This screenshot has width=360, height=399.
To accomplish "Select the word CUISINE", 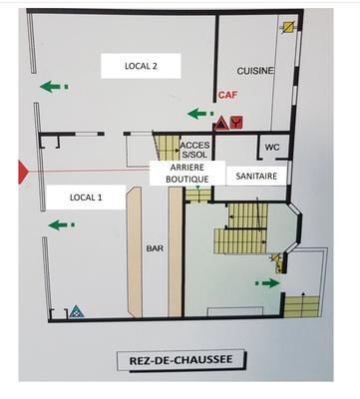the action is coord(256,71).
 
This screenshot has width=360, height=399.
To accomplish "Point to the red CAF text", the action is coord(228,97).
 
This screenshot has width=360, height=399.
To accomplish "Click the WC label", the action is coord(271,150).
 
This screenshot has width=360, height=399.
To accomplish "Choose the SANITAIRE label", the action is coord(256,176).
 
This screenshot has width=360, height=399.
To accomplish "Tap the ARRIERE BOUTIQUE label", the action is coord(186,174).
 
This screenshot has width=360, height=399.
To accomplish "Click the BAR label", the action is coord(155,248).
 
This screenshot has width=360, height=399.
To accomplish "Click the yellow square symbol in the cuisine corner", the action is coord(289,28).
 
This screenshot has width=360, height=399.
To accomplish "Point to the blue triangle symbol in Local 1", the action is coord(77,311).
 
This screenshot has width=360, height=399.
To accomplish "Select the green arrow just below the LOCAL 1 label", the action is coord(60,224).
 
